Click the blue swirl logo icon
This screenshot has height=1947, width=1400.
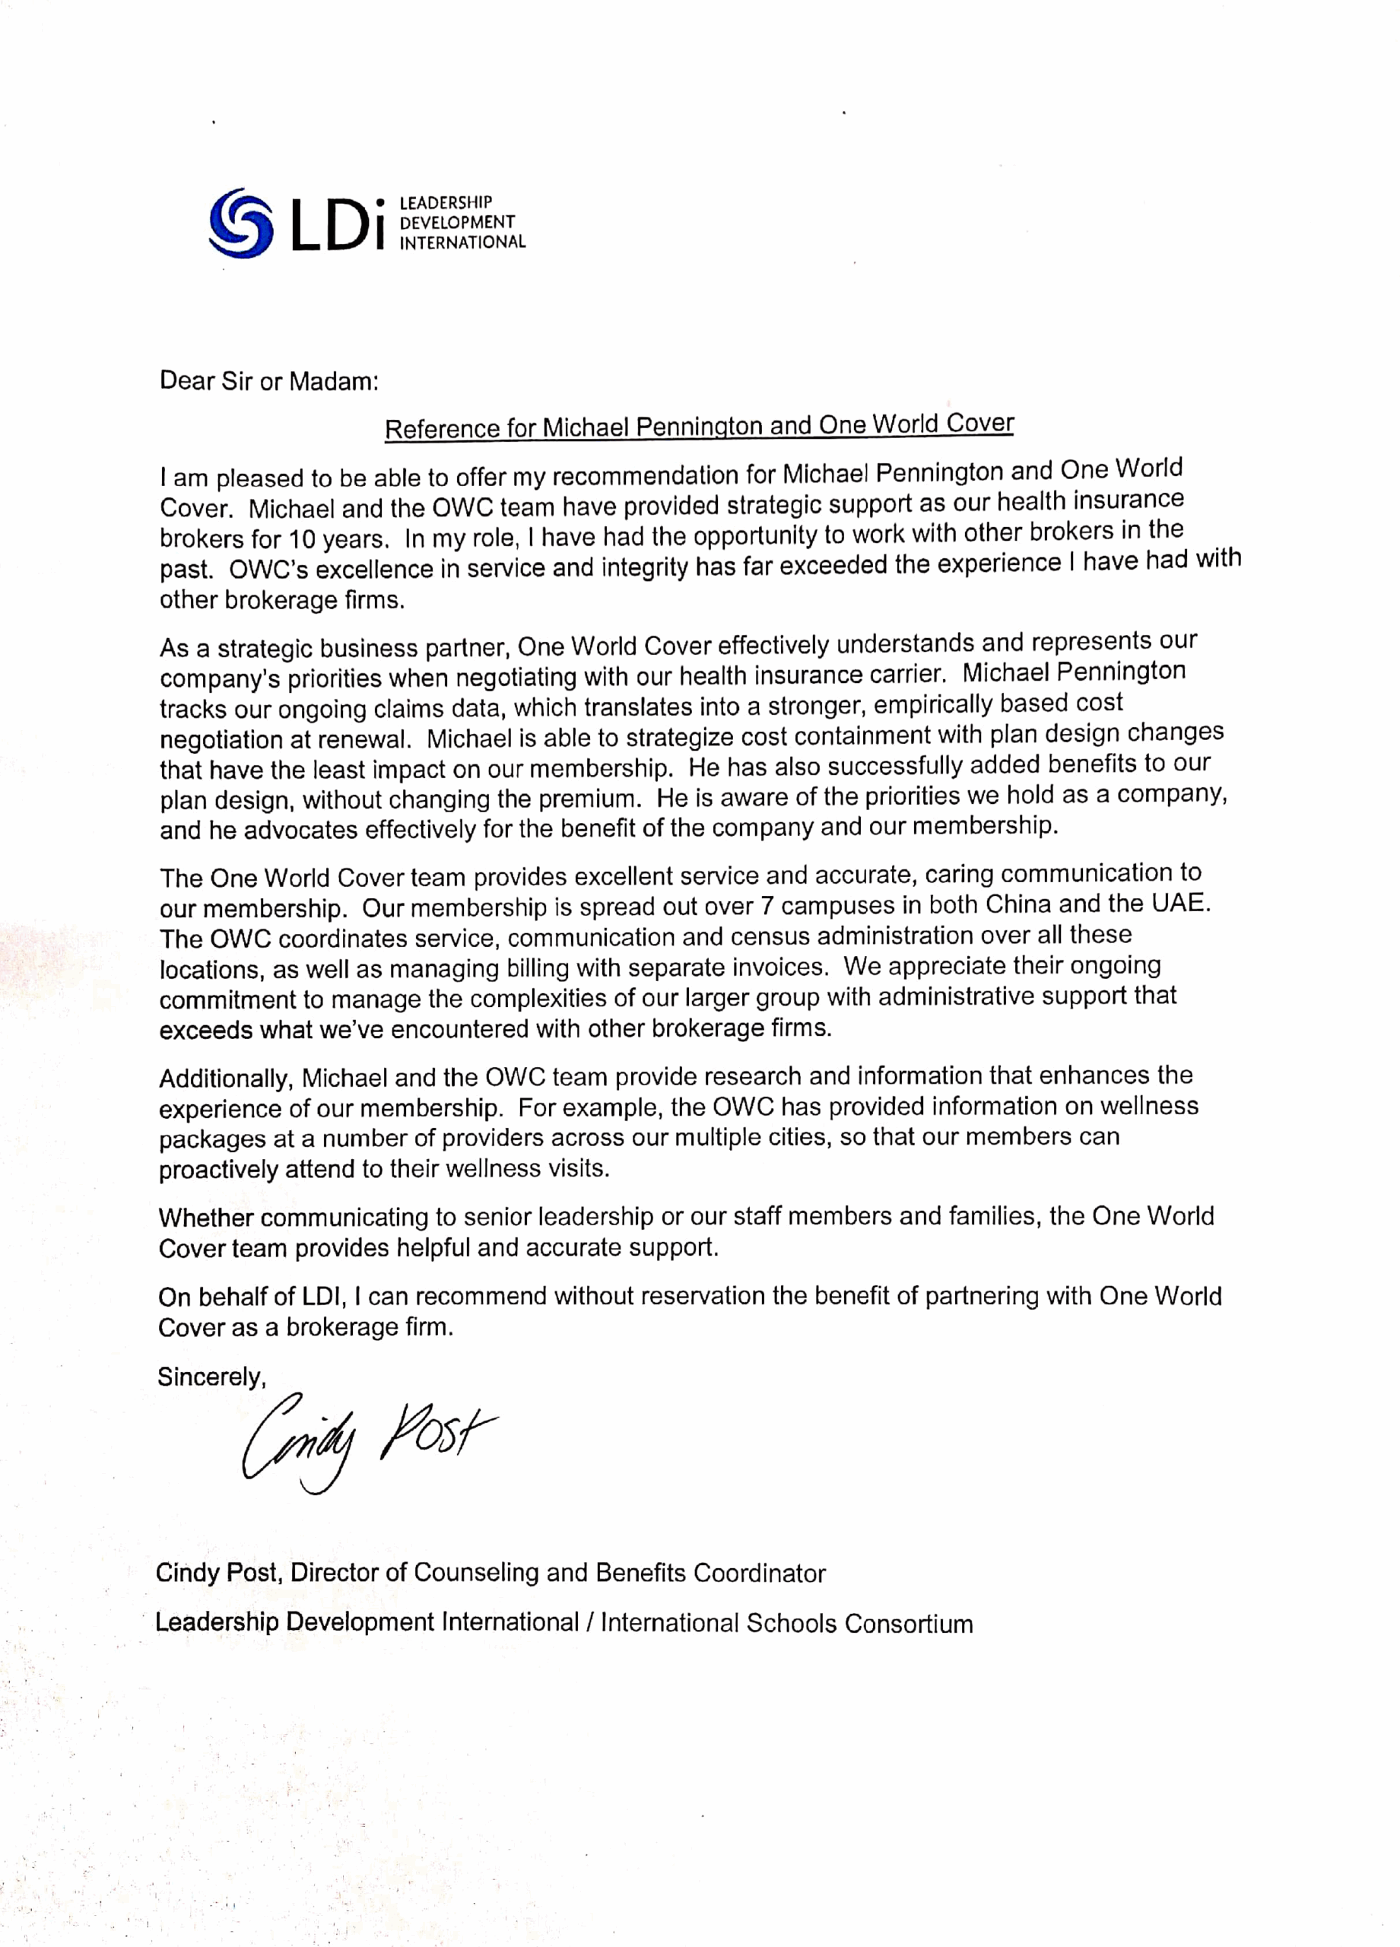[x=240, y=222]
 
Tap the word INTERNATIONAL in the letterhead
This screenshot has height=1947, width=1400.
[x=462, y=242]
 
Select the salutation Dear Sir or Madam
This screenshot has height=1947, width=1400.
[x=268, y=381]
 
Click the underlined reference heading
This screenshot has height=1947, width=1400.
[x=699, y=426]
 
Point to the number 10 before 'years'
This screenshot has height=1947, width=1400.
[x=301, y=540]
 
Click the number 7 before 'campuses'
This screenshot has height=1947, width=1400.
[x=767, y=906]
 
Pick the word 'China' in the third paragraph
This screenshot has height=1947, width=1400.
[x=1018, y=904]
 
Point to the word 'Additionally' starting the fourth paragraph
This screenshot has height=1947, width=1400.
[x=226, y=1078]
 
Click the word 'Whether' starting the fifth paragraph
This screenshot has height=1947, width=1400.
[x=206, y=1218]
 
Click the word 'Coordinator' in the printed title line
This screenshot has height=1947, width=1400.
[x=759, y=1573]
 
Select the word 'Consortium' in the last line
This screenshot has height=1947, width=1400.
[x=908, y=1623]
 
